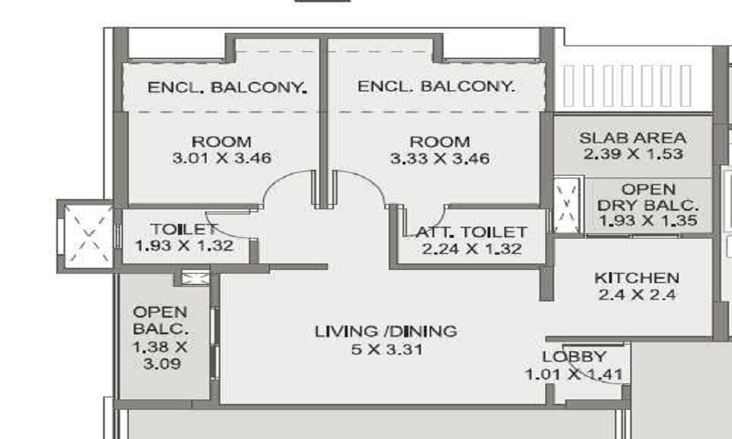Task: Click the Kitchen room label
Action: click(636, 278)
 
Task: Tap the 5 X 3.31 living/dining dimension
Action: click(387, 349)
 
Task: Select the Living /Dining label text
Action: click(386, 331)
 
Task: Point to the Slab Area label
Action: click(632, 138)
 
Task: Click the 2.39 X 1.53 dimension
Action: click(633, 154)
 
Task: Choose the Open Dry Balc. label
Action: click(649, 197)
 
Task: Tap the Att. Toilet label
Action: click(471, 232)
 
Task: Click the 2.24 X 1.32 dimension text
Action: click(471, 249)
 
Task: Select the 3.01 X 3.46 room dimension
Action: click(222, 158)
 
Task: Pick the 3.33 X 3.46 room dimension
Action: click(440, 158)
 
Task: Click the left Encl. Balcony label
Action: click(227, 87)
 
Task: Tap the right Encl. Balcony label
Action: click(436, 86)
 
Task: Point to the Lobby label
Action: click(574, 356)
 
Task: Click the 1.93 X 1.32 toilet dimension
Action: click(184, 245)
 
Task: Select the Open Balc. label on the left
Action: click(161, 320)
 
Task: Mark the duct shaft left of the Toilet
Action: click(88, 236)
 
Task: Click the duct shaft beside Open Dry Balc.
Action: click(567, 206)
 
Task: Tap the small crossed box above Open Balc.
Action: click(195, 279)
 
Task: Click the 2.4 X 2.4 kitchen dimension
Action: click(637, 294)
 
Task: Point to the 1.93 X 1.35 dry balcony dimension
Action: click(649, 220)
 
